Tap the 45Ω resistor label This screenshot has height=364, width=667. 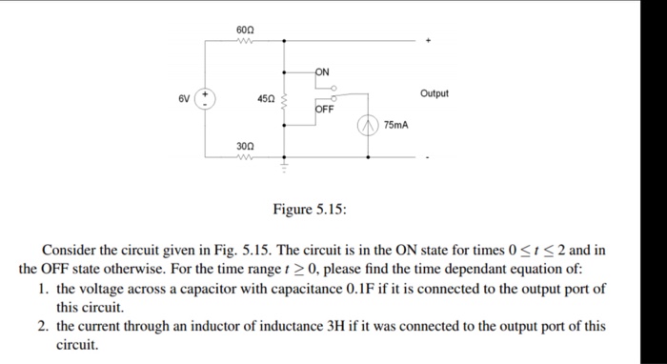pyautogui.click(x=266, y=98)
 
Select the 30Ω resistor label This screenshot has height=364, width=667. pyautogui.click(x=244, y=146)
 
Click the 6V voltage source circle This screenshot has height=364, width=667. pyautogui.click(x=207, y=99)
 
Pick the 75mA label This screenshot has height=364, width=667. pyautogui.click(x=396, y=125)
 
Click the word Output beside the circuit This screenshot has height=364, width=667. pyautogui.click(x=434, y=93)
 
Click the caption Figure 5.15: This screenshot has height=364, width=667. pyautogui.click(x=311, y=209)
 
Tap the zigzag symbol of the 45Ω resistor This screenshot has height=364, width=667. pyautogui.click(x=283, y=98)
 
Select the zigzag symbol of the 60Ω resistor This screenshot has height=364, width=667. pyautogui.click(x=244, y=41)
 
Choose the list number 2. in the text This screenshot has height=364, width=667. pyautogui.click(x=45, y=326)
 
